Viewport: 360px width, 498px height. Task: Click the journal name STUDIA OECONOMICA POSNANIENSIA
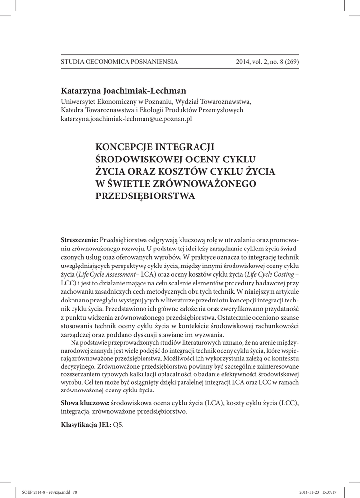(119, 62)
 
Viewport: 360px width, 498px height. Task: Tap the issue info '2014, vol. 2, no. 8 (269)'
(267, 62)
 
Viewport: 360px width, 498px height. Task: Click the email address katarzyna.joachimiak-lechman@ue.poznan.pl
(126, 119)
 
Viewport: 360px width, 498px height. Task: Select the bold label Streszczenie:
(79, 242)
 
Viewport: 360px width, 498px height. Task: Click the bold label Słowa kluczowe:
(85, 404)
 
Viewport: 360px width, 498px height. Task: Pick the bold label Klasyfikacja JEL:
(86, 425)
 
